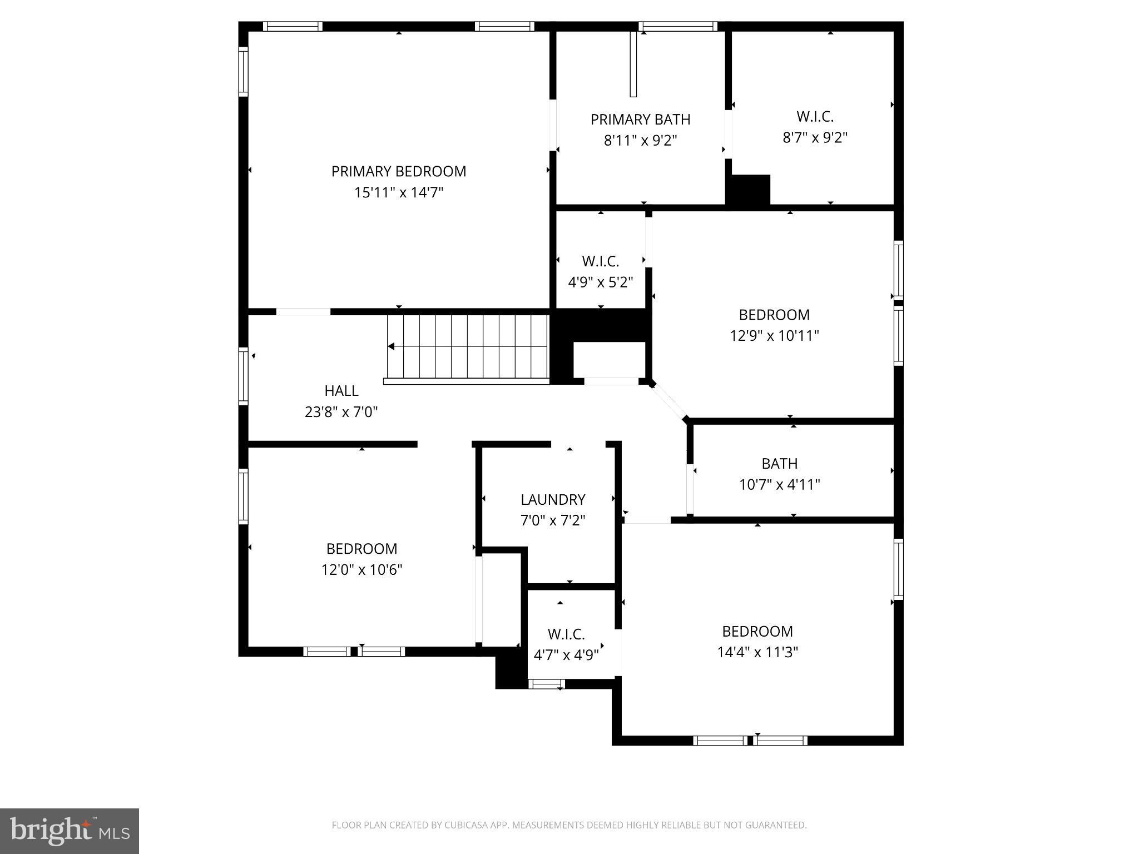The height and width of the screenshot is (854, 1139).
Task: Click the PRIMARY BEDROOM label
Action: tap(398, 171)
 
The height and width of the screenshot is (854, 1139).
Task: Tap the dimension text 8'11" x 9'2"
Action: tap(640, 141)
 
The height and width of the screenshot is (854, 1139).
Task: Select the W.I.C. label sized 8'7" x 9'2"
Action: tap(815, 117)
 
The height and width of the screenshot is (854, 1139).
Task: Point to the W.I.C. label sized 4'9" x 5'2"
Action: tap(600, 261)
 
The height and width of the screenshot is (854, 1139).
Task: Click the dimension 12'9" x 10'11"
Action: tap(774, 336)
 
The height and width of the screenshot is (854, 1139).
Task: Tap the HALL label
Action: tap(341, 391)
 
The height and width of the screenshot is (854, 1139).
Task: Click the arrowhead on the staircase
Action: tap(392, 346)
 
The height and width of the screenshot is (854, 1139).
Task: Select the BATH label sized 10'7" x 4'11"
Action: tap(779, 464)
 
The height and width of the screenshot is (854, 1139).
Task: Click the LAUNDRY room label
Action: tap(553, 499)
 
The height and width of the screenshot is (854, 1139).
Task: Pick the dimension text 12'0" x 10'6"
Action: tap(361, 570)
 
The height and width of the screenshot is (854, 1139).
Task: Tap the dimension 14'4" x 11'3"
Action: tap(757, 652)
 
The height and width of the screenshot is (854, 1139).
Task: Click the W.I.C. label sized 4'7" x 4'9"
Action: tap(566, 634)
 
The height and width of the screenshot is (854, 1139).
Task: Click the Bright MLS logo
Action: tap(70, 831)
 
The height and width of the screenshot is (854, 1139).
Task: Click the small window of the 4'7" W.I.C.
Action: tap(546, 684)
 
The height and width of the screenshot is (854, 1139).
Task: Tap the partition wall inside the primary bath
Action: tap(633, 64)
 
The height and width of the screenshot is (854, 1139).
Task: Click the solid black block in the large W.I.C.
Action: tap(749, 190)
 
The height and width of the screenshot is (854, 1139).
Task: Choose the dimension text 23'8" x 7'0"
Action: tap(341, 412)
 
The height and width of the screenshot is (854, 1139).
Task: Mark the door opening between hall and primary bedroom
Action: tap(303, 312)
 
